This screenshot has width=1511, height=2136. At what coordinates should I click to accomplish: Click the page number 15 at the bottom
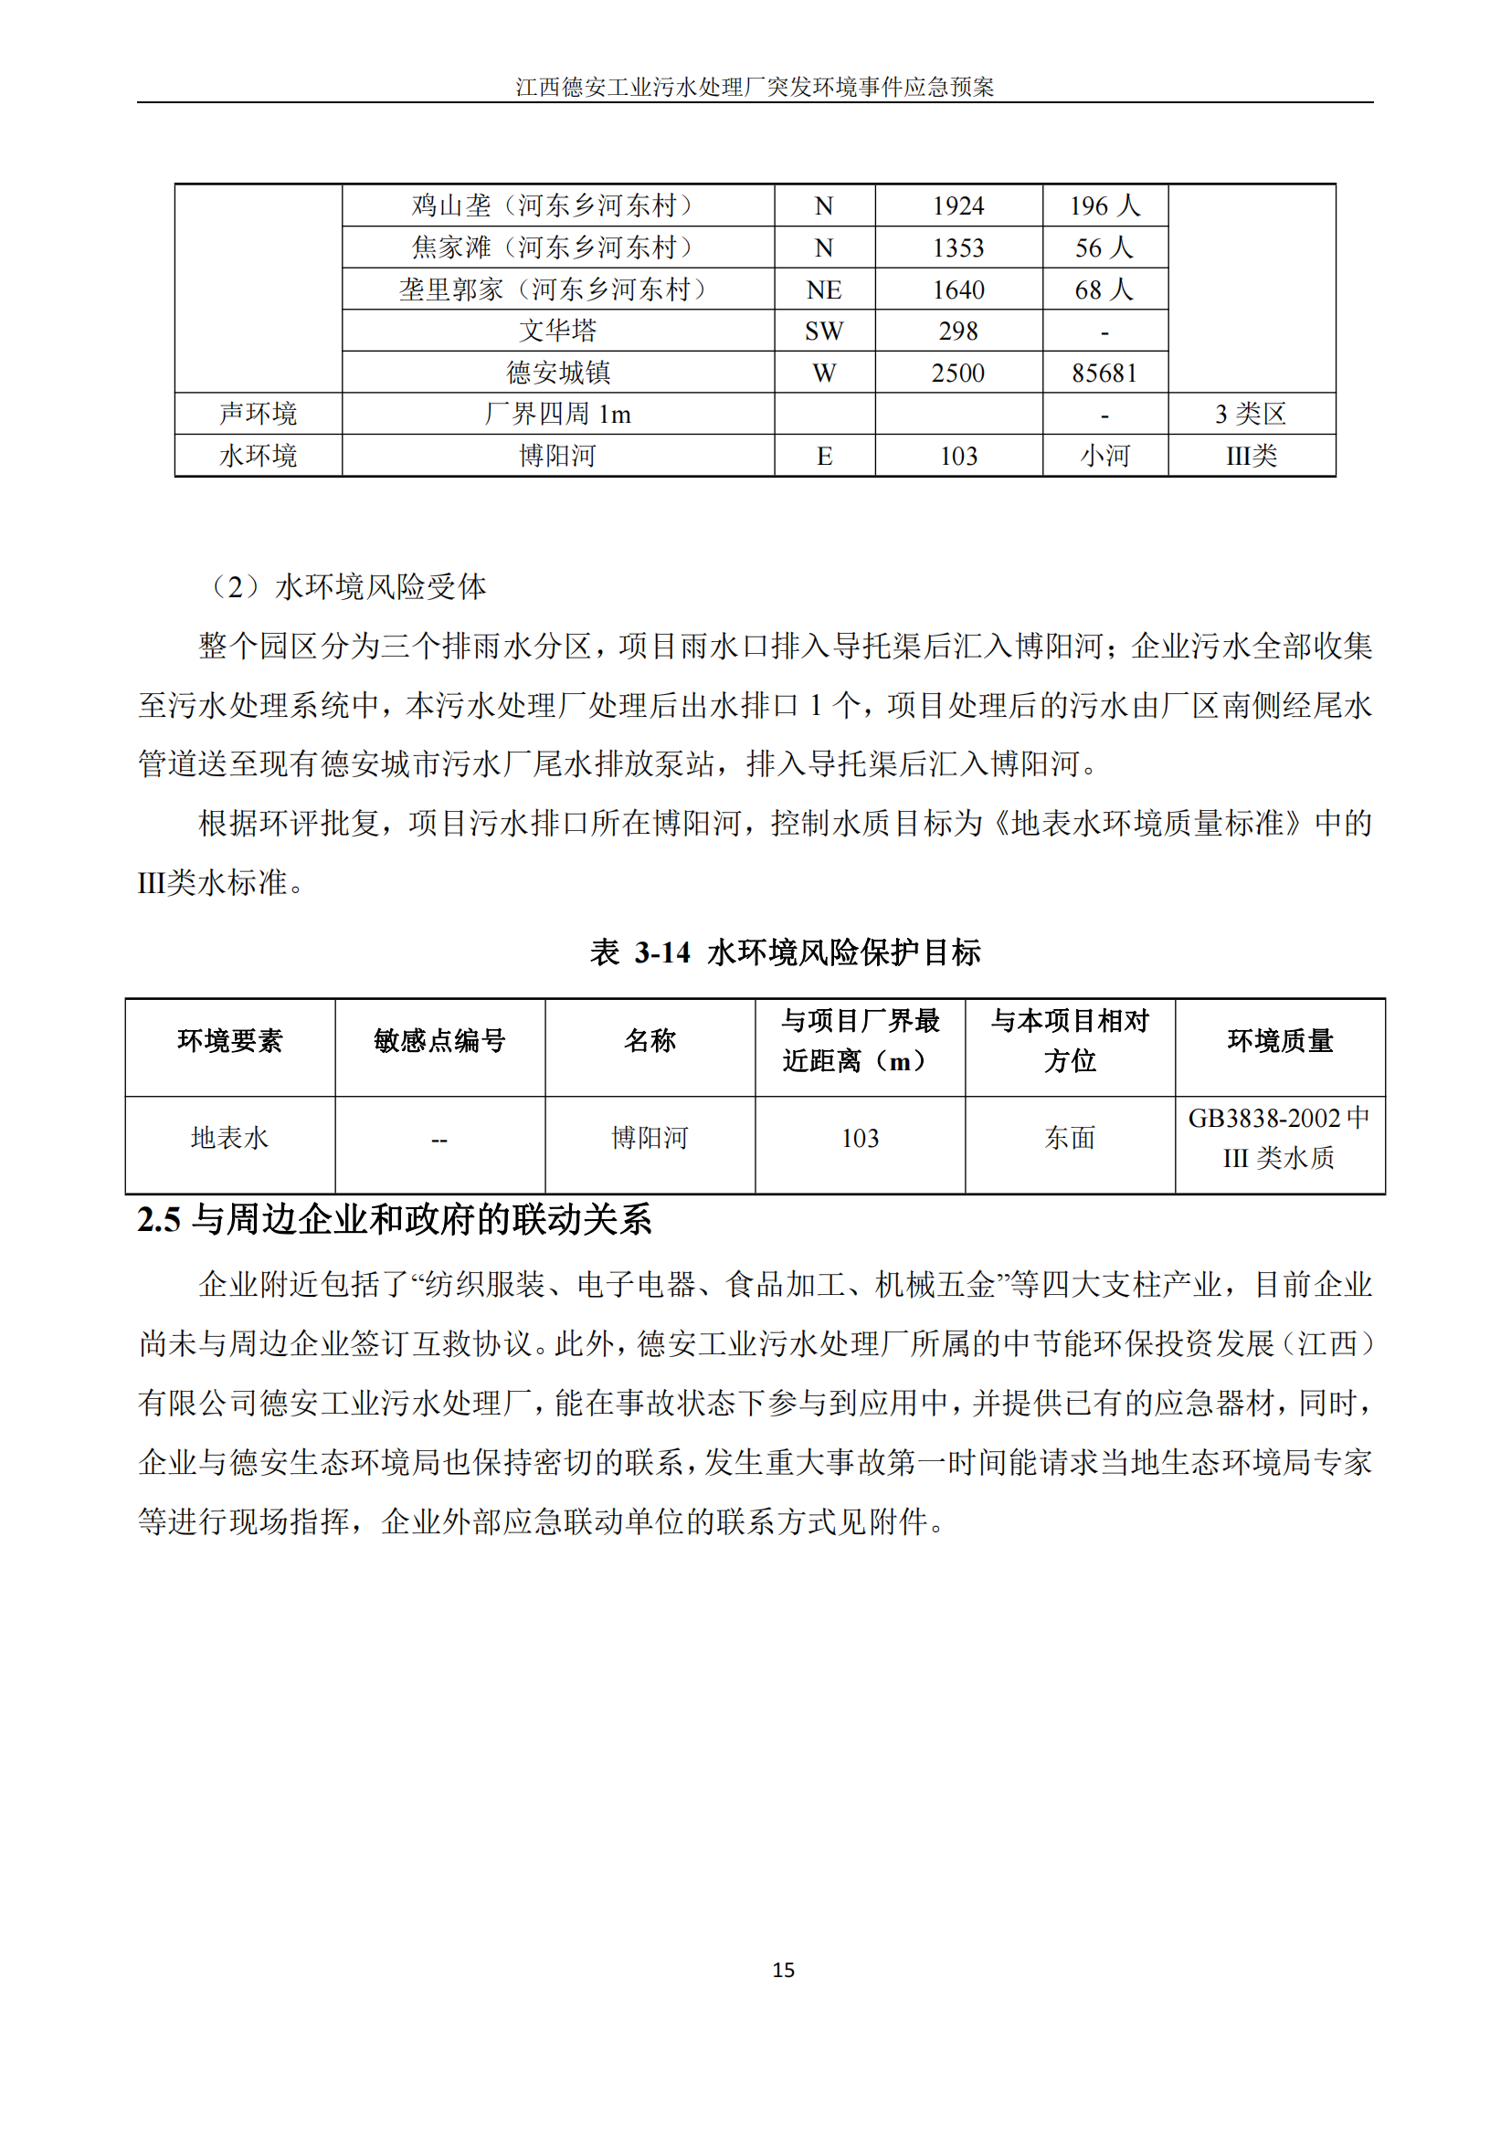(x=783, y=1970)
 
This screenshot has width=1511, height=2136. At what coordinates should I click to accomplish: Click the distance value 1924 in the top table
(x=957, y=205)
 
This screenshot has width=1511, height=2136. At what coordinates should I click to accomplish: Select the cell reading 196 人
(x=1104, y=205)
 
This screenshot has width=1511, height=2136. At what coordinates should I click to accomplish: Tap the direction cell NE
(x=823, y=289)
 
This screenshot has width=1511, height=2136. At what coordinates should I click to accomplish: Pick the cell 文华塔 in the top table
(x=557, y=331)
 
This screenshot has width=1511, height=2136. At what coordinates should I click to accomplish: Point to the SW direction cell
(x=823, y=331)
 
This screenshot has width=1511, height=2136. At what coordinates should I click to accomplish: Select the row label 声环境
(x=258, y=413)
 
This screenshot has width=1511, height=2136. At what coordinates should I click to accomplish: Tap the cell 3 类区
(x=1251, y=413)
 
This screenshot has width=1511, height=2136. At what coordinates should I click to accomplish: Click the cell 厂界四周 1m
(x=557, y=413)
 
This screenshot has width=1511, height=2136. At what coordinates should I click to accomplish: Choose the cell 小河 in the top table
(x=1104, y=455)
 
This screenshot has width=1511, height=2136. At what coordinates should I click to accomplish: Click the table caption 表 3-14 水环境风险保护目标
(x=785, y=952)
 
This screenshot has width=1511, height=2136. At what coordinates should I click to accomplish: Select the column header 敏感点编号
(x=439, y=1040)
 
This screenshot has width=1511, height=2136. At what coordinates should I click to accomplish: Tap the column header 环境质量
(x=1279, y=1040)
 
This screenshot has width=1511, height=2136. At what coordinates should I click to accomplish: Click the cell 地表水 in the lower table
(x=230, y=1137)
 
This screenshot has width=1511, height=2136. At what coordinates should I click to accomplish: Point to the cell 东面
(x=1069, y=1137)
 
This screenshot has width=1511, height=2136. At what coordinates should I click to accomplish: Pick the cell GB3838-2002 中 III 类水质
(x=1279, y=1137)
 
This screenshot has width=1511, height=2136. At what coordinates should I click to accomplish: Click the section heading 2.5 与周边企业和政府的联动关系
(x=395, y=1219)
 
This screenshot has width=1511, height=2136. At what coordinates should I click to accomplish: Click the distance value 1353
(x=957, y=247)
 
